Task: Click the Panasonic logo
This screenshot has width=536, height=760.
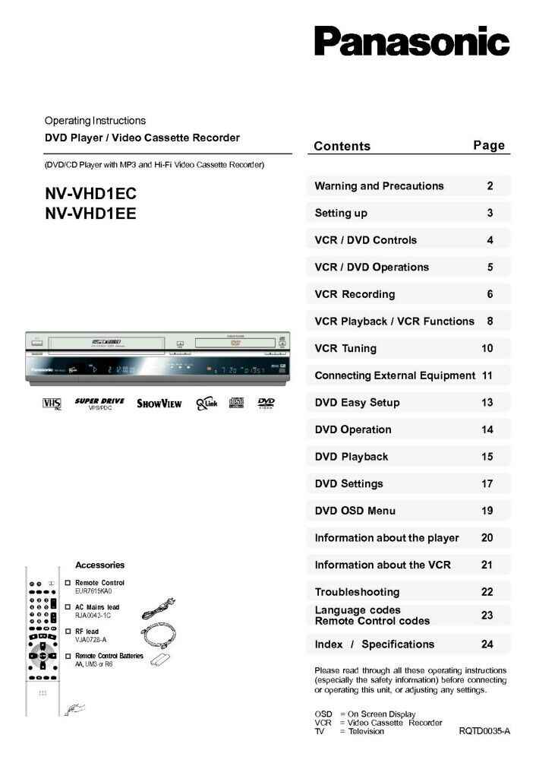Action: pos(411,42)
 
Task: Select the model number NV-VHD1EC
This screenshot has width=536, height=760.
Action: pos(90,194)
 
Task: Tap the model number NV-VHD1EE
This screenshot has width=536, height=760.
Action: pos(90,214)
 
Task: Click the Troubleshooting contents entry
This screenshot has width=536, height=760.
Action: pos(357,592)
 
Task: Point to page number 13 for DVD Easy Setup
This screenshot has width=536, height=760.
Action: pos(487,403)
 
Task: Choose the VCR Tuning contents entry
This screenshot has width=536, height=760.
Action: pos(345,349)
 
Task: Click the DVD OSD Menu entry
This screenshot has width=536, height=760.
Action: pos(355,511)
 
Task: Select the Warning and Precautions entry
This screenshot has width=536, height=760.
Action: pos(379,186)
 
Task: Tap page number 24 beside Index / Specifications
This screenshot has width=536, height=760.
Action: pos(487,644)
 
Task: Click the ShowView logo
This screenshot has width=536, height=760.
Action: pos(159,404)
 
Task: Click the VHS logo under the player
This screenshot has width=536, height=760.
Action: pos(52,404)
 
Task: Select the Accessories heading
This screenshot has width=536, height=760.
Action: pos(99,565)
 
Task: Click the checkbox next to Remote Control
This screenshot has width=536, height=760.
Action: pos(68,583)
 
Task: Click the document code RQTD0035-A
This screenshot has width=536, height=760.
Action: pos(484,731)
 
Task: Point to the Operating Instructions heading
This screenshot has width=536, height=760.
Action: pos(95,121)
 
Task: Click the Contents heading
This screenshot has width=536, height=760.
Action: pos(342,146)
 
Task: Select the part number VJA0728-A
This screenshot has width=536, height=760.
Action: pos(90,640)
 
